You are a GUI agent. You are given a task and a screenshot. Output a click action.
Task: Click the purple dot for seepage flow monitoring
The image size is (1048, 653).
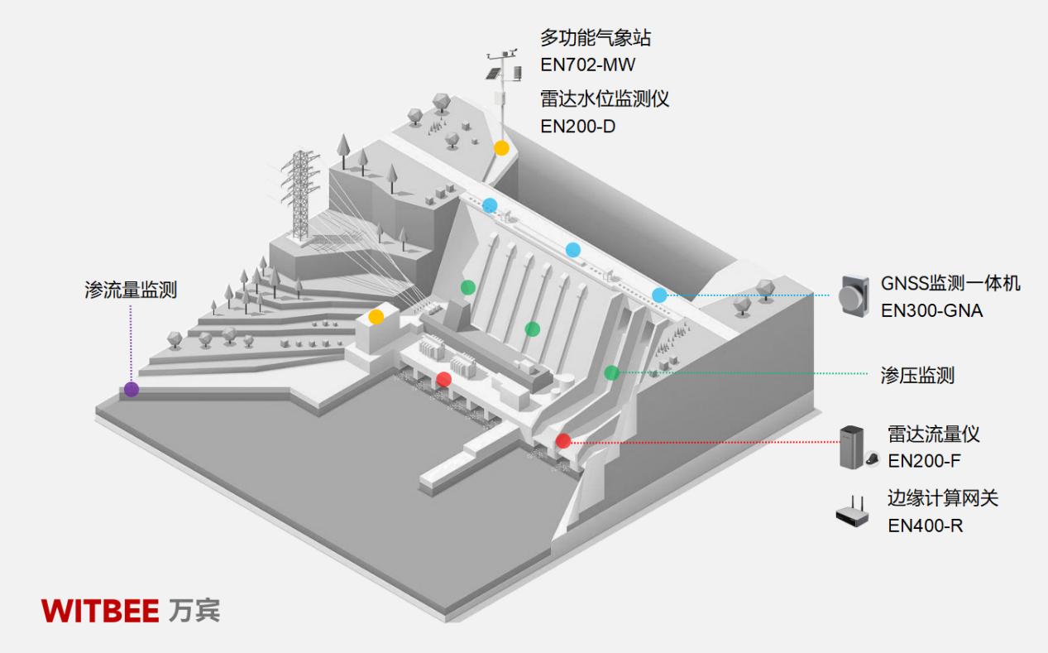132,389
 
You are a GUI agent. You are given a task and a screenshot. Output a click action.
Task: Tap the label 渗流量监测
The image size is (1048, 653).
131,290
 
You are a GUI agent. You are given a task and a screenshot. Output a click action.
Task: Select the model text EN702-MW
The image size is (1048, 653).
588,65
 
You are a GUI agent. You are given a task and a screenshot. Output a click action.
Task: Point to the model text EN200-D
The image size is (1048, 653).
578,127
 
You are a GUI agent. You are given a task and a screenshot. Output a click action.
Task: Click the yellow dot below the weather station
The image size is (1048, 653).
501,148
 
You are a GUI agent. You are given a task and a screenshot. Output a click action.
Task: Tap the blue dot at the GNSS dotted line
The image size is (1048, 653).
659,295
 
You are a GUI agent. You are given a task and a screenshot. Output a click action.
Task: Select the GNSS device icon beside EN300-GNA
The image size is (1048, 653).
852,295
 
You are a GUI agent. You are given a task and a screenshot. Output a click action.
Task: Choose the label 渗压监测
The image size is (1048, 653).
917,375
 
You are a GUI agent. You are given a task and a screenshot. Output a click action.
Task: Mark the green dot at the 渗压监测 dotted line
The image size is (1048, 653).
611,372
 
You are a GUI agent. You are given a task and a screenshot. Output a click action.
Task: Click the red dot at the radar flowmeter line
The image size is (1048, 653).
563,441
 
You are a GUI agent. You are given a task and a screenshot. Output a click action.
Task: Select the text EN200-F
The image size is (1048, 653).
924,461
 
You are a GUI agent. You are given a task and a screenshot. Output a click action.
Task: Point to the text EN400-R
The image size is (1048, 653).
926,525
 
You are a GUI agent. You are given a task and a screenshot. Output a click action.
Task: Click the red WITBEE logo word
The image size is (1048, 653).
100,611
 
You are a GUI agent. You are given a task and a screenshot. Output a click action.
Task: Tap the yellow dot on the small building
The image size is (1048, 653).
376,316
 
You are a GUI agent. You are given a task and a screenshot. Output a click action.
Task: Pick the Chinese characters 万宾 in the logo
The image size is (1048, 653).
194,611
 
